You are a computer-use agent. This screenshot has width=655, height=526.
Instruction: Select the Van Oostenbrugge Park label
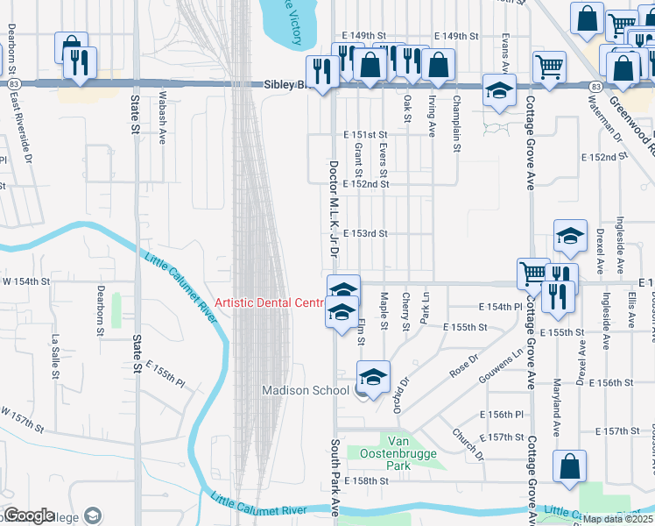pyautogui.click(x=398, y=451)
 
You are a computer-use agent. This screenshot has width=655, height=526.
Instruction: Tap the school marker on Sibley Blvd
pyautogui.click(x=500, y=92)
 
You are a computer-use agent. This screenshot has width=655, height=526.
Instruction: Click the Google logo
pyautogui.click(x=30, y=515)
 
